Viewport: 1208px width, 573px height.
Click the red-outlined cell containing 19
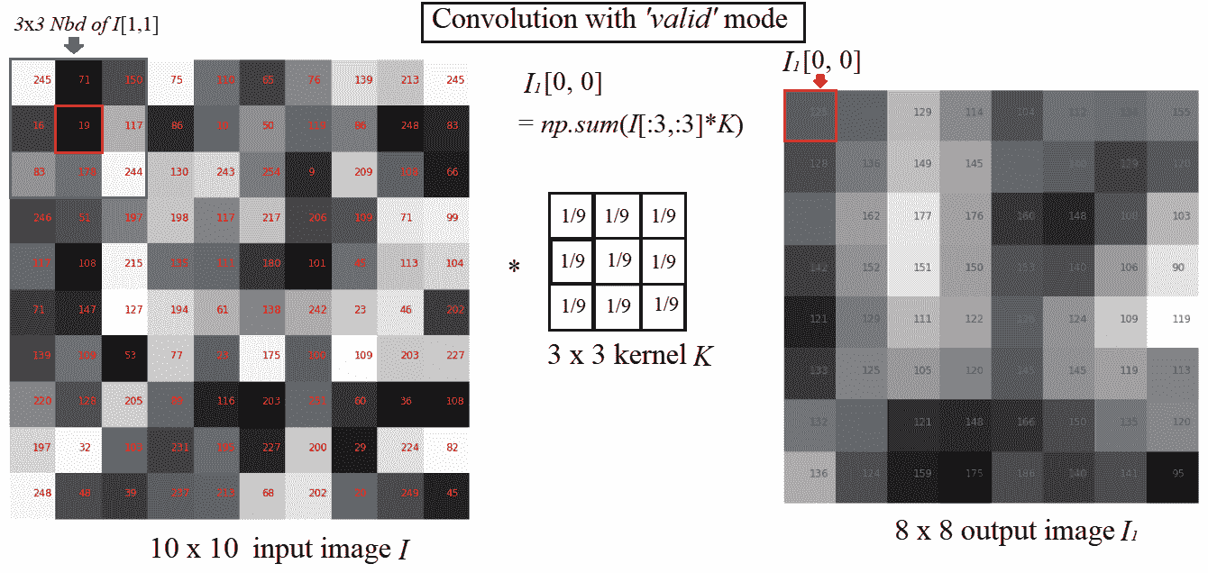tap(78, 127)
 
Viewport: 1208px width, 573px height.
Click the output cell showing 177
tap(921, 215)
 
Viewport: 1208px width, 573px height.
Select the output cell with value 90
tap(1179, 267)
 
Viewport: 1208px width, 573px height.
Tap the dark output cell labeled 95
tap(1179, 472)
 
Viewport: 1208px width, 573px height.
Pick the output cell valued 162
tap(870, 215)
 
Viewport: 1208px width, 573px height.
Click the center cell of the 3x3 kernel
tap(618, 261)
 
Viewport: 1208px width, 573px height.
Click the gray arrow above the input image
tap(75, 45)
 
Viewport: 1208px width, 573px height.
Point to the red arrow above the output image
tap(820, 81)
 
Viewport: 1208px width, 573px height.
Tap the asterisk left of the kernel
tap(515, 268)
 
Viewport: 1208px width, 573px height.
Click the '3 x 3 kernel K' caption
tap(618, 355)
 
